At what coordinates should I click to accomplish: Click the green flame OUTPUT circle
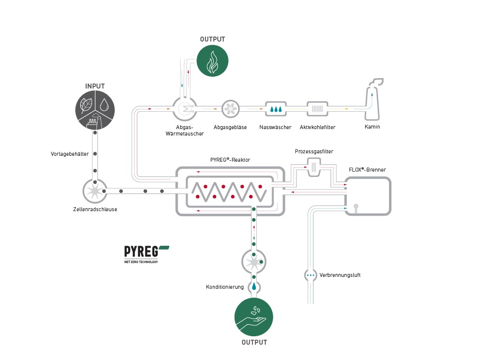212,61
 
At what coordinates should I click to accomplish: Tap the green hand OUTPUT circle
254,317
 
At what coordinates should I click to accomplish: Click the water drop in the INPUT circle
104,104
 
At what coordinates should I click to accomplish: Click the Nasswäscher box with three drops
276,109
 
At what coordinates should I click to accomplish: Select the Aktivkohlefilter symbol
318,109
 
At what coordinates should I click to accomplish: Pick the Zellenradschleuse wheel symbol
95,191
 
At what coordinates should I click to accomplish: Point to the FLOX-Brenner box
368,196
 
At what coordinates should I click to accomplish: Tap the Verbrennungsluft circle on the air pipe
310,274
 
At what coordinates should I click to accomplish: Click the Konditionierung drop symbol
254,286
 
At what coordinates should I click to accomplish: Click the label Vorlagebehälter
70,154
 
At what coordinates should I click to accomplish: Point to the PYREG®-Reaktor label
230,160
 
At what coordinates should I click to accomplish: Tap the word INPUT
95,86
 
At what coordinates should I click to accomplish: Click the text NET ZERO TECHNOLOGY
141,262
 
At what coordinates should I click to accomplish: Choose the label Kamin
372,127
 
